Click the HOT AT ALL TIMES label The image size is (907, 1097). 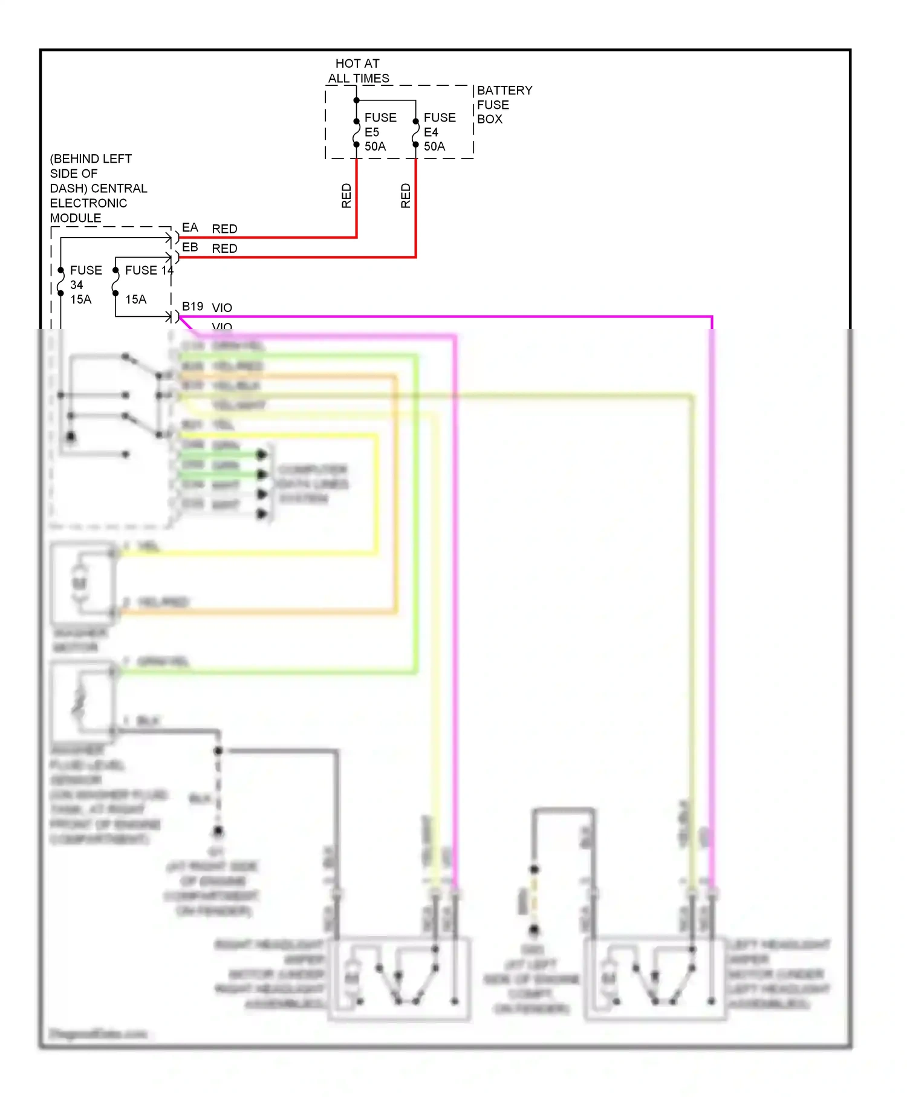[359, 71]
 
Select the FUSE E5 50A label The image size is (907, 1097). [380, 132]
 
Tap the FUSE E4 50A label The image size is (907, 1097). [439, 132]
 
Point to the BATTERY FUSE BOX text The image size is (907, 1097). [504, 105]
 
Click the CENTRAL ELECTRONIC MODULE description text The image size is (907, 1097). [98, 188]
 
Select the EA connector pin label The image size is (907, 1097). [190, 227]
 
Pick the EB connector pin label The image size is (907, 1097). [190, 247]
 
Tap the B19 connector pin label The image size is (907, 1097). [192, 307]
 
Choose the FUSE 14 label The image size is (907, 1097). [149, 270]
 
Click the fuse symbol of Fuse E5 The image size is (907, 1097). [356, 133]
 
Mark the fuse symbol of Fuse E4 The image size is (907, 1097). [415, 133]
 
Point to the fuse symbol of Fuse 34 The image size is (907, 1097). [60, 282]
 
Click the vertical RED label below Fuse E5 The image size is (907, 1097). [346, 196]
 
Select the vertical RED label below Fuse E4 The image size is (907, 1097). [406, 196]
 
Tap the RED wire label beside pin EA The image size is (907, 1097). [224, 229]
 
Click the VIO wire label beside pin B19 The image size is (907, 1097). [222, 307]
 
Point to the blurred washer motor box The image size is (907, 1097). [83, 584]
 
